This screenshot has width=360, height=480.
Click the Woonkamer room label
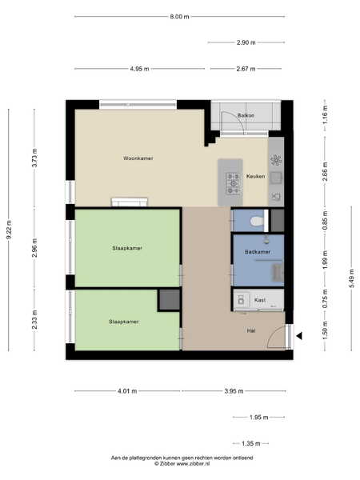(x=138, y=158)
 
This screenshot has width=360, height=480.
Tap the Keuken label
(x=256, y=176)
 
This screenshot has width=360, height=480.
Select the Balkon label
(x=246, y=115)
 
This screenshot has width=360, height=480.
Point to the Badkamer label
(x=258, y=252)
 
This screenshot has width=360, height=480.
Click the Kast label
(x=259, y=300)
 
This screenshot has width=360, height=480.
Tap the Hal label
(x=251, y=330)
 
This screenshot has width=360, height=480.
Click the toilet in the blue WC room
(x=257, y=221)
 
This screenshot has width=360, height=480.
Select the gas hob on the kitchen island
(x=234, y=183)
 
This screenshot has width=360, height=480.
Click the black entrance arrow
(x=299, y=336)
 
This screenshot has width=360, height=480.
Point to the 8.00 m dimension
(x=179, y=17)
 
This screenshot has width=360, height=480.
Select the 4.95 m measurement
(x=139, y=69)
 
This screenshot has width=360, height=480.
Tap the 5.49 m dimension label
(x=352, y=278)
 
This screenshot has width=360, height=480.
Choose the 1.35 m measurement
(x=251, y=443)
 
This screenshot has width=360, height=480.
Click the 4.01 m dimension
(x=127, y=391)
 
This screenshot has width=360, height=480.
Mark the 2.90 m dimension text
(x=246, y=42)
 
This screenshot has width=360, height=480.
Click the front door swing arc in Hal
(x=273, y=333)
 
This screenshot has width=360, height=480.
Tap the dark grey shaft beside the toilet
(x=278, y=221)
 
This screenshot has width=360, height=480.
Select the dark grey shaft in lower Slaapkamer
(x=170, y=300)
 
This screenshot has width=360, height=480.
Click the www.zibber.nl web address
(x=194, y=464)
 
